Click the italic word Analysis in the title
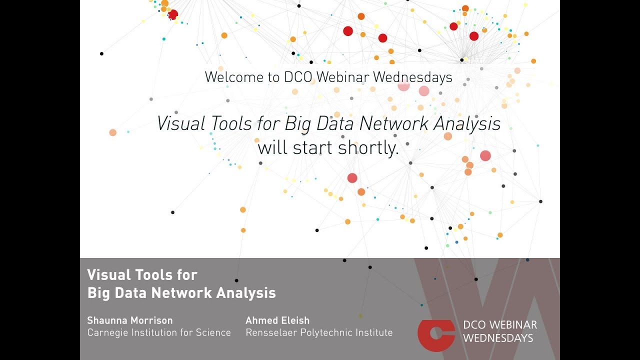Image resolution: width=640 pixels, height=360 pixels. [x=467, y=123]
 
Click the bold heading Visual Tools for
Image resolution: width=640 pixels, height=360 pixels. [x=142, y=274]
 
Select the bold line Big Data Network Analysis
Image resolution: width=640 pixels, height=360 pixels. [x=181, y=292]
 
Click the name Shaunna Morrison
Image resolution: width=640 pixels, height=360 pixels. [x=130, y=320]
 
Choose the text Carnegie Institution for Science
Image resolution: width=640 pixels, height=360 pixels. [x=159, y=332]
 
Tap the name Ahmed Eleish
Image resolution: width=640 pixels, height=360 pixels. [x=277, y=320]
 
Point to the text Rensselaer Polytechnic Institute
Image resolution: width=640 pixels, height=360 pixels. [x=319, y=332]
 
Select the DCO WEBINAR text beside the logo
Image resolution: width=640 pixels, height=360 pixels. [x=500, y=325]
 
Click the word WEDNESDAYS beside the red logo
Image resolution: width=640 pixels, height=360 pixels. [x=498, y=338]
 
